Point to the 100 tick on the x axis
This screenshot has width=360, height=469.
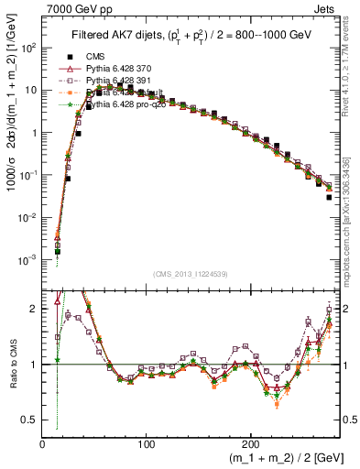pos(146,443)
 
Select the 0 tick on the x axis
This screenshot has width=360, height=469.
pos(42,443)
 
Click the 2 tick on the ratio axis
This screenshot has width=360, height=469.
pos(34,309)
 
